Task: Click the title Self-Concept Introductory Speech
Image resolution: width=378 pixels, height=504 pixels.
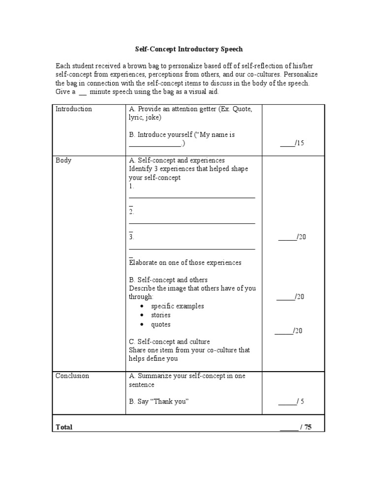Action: tap(189, 49)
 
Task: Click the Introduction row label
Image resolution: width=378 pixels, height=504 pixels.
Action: tap(73, 109)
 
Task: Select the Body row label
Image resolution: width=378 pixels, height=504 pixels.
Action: tap(63, 160)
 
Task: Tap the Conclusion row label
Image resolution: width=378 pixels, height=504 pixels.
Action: tap(72, 376)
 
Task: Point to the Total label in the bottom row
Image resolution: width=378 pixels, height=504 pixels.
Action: tap(64, 427)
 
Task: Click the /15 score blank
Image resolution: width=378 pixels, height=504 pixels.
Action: tap(292, 143)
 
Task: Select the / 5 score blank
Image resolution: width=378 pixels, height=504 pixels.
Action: tap(291, 401)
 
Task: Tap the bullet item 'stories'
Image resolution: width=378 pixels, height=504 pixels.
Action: tap(161, 315)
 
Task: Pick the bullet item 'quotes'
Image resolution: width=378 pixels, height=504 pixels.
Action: tap(161, 324)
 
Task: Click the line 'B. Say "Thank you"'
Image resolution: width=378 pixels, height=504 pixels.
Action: tap(159, 401)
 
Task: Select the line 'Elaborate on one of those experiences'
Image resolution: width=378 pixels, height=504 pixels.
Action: tap(185, 262)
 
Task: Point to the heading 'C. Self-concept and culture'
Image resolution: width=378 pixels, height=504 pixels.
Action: tap(169, 341)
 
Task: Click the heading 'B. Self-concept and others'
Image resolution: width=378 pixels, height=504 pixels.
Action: tap(168, 280)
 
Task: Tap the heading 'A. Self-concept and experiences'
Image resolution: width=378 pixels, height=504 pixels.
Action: tap(177, 160)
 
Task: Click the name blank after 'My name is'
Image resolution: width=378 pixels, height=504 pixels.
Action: tap(155, 144)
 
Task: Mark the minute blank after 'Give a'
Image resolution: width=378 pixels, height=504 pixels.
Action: tap(83, 92)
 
